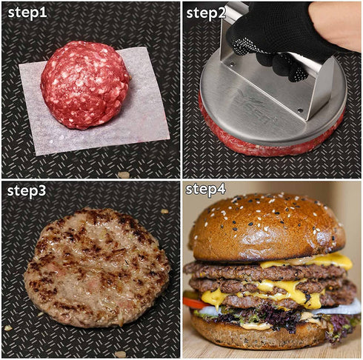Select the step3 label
click(27, 192)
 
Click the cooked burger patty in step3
click(96, 267)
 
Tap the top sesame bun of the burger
click(267, 226)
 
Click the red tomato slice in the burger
click(192, 302)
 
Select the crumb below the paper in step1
click(123, 175)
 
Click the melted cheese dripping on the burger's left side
click(212, 298)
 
